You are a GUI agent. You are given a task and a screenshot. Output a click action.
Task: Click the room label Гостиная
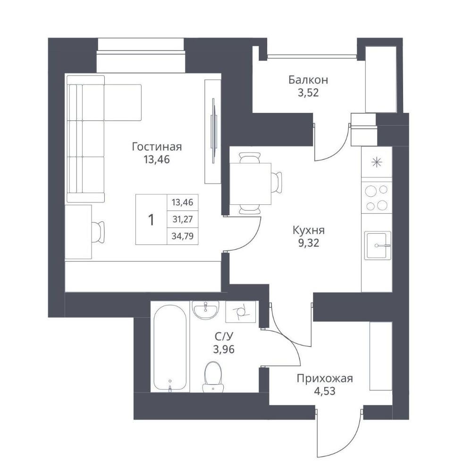[157, 147]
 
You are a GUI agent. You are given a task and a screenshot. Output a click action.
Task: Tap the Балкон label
[308, 80]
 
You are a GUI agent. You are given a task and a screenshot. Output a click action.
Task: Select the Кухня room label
[309, 230]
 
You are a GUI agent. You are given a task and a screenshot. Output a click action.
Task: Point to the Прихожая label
[325, 378]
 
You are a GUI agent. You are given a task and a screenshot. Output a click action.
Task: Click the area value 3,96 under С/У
[224, 349]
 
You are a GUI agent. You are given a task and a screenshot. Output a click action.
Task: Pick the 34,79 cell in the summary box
[182, 236]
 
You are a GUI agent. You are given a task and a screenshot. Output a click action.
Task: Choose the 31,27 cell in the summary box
[182, 219]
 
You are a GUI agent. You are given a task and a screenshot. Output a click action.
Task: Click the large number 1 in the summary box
[151, 220]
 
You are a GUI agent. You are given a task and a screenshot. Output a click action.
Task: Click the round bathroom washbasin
[206, 310]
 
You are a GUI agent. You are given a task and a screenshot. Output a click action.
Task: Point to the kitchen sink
[378, 245]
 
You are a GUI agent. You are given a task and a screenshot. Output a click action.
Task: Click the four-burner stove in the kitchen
[377, 198]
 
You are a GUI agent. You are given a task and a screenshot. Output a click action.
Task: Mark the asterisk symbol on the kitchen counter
[376, 163]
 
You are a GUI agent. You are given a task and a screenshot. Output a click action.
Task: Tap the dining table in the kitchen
[251, 184]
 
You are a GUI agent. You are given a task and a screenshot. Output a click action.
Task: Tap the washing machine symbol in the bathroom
[241, 312]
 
